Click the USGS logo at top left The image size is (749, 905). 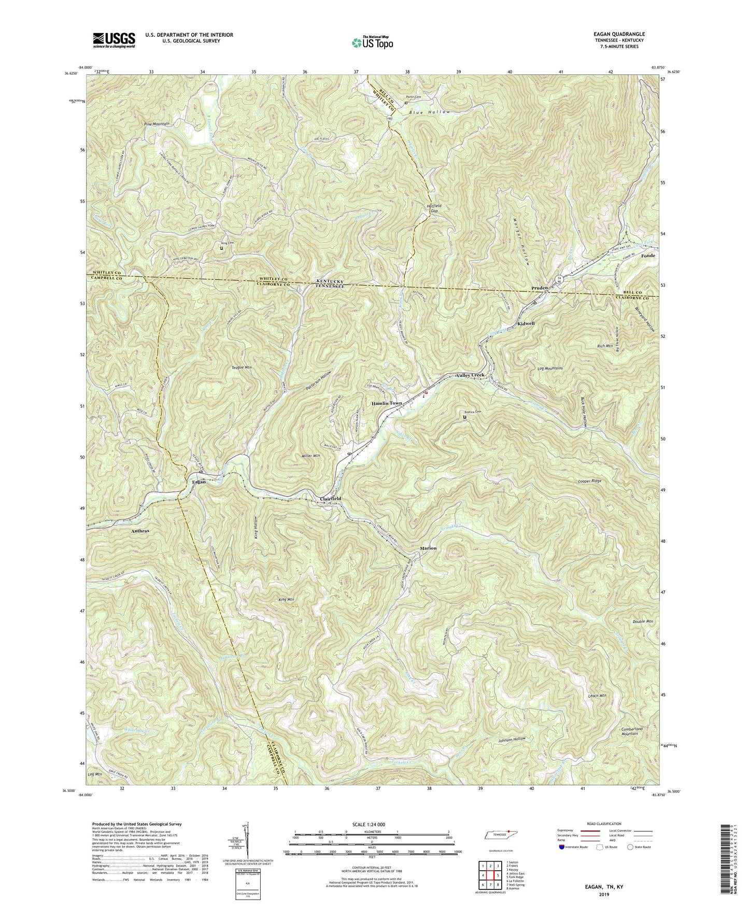pyautogui.click(x=114, y=39)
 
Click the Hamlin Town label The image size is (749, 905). pyautogui.click(x=386, y=403)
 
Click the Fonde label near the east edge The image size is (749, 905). pyautogui.click(x=648, y=256)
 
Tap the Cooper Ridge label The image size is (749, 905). pyautogui.click(x=590, y=481)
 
